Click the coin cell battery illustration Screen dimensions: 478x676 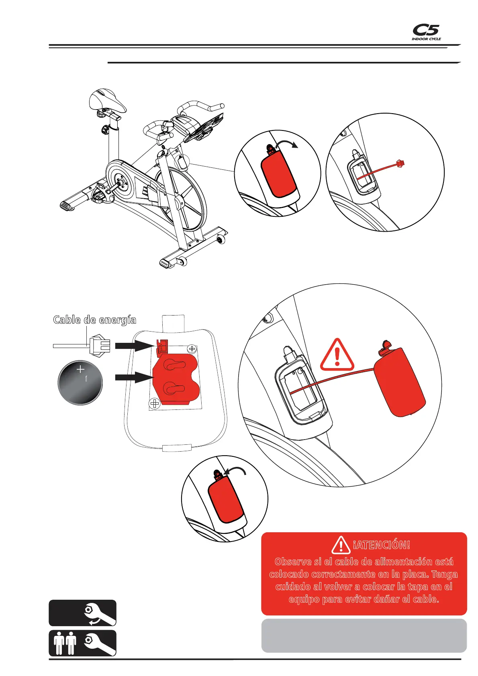80,382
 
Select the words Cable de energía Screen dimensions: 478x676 95,320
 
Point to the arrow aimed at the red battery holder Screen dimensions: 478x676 132,377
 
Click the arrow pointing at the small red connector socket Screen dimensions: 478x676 132,345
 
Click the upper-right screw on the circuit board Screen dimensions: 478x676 192,349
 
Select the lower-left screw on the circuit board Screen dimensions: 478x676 155,404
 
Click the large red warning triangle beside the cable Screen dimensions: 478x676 337,355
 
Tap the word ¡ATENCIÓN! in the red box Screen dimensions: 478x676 381,545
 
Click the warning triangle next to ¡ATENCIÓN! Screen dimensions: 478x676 341,545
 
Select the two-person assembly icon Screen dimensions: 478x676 82,643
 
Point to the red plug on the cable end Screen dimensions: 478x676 400,163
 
